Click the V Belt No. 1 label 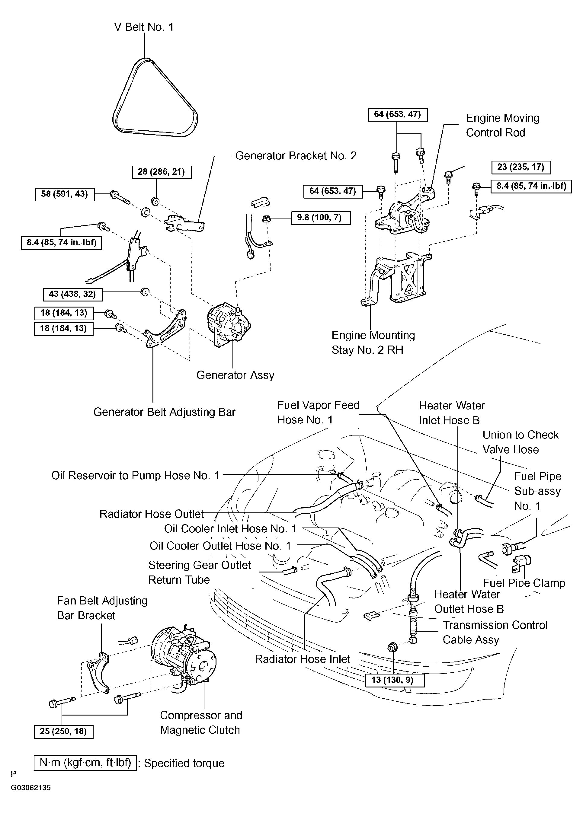coord(144,27)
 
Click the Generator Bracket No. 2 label coord(296,156)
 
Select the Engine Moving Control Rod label coord(503,125)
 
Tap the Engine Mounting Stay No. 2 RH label coord(373,342)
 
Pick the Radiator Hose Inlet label coord(302,659)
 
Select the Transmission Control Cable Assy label coord(495,632)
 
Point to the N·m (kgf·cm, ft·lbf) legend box coord(85,763)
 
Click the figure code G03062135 coord(30,798)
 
